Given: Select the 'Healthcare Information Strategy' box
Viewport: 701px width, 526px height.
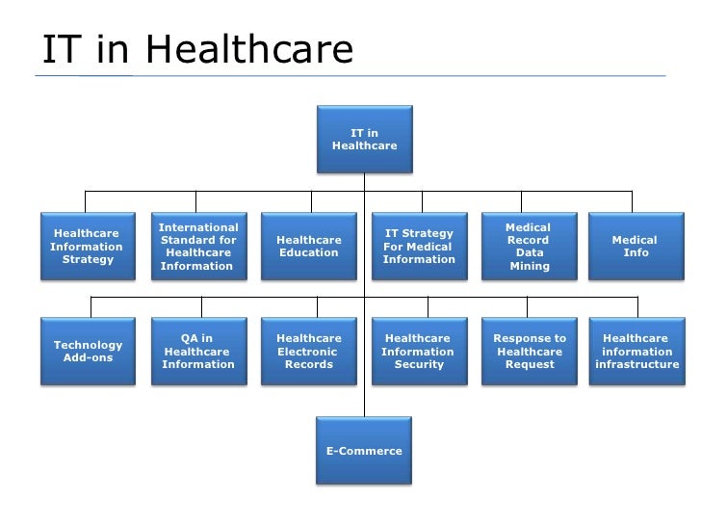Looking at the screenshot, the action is coord(87,246).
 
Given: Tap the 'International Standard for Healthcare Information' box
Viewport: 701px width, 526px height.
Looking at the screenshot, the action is coord(198,246).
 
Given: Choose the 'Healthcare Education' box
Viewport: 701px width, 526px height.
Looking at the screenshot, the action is coord(309,246).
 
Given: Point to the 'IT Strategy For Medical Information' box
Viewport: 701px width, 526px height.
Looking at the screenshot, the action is coord(419,246).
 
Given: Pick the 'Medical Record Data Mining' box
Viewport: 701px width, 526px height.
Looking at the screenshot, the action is coord(528,246).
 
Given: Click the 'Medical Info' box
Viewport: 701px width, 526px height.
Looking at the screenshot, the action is coord(636,246).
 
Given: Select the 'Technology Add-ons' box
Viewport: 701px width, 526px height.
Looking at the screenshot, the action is coord(89,352).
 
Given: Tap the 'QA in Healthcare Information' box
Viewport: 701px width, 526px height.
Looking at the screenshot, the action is coord(198,352).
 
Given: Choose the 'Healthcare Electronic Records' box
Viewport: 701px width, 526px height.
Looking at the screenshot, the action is coord(309,352).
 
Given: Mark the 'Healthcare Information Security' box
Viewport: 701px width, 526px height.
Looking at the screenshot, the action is coord(419,352).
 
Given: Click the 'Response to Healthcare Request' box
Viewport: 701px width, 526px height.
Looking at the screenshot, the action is coord(530,352).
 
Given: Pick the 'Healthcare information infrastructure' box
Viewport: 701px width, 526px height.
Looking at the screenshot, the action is coord(637,352).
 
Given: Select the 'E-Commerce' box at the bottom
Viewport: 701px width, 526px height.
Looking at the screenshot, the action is coord(364,451).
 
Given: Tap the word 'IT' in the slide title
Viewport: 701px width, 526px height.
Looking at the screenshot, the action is coord(60,50).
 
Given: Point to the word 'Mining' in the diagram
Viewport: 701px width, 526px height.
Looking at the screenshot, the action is coord(529,266).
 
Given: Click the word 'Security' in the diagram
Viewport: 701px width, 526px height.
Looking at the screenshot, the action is coord(419,365).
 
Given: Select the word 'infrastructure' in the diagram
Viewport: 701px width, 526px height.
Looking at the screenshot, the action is coord(637,365).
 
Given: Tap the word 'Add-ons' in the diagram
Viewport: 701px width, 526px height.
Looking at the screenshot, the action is coord(88,358).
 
